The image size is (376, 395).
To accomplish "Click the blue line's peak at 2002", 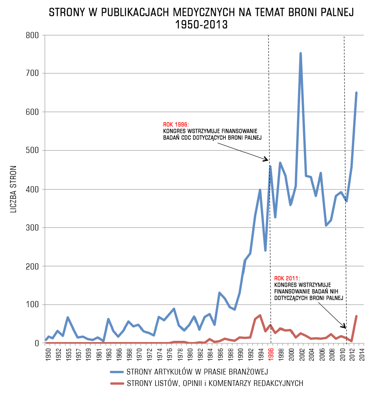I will coord(301,53).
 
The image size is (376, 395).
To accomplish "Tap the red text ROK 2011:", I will coord(287,278).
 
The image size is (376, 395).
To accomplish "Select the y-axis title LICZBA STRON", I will coord(14,189).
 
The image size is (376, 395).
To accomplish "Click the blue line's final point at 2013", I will coord(356,93).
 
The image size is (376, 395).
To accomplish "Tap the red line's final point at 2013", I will coord(356,316).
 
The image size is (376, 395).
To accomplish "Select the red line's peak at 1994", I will coord(260,315).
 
